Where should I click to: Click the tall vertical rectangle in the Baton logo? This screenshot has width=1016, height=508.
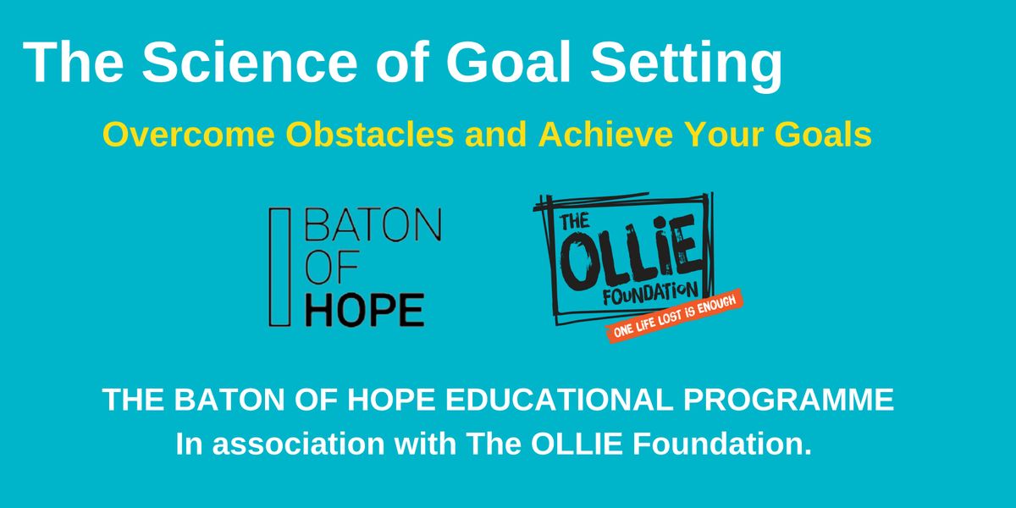(274, 267)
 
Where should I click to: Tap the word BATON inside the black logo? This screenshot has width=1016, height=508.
(372, 226)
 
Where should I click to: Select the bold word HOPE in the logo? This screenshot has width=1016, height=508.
(363, 311)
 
